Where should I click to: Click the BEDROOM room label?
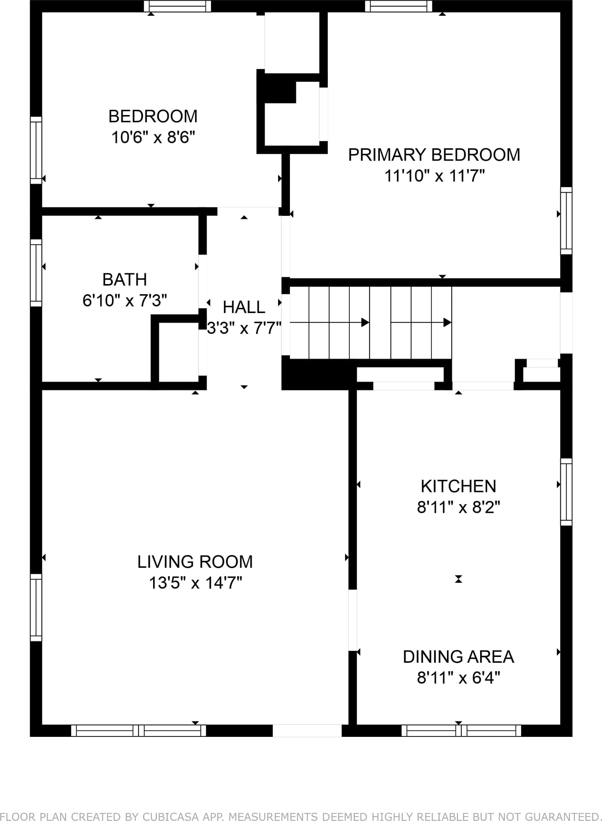pyautogui.click(x=153, y=116)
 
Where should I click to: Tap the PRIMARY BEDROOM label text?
pyautogui.click(x=434, y=155)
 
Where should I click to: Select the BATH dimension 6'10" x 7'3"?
pyautogui.click(x=125, y=300)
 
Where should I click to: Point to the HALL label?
pyautogui.click(x=244, y=307)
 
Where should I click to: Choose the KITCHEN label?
pyautogui.click(x=459, y=486)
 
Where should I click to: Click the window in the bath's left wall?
pyautogui.click(x=36, y=273)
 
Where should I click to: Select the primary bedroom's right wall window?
pyautogui.click(x=566, y=220)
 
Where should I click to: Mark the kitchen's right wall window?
pyautogui.click(x=566, y=492)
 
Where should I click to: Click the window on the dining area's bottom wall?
pyautogui.click(x=461, y=731)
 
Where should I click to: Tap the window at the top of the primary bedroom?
pyautogui.click(x=399, y=6)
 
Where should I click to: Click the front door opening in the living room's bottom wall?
pyautogui.click(x=307, y=731)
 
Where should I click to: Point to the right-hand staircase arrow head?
pyautogui.click(x=447, y=322)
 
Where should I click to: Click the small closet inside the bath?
pyautogui.click(x=179, y=352)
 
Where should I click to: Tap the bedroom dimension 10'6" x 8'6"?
pyautogui.click(x=153, y=137)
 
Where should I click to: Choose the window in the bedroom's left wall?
pyautogui.click(x=36, y=150)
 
